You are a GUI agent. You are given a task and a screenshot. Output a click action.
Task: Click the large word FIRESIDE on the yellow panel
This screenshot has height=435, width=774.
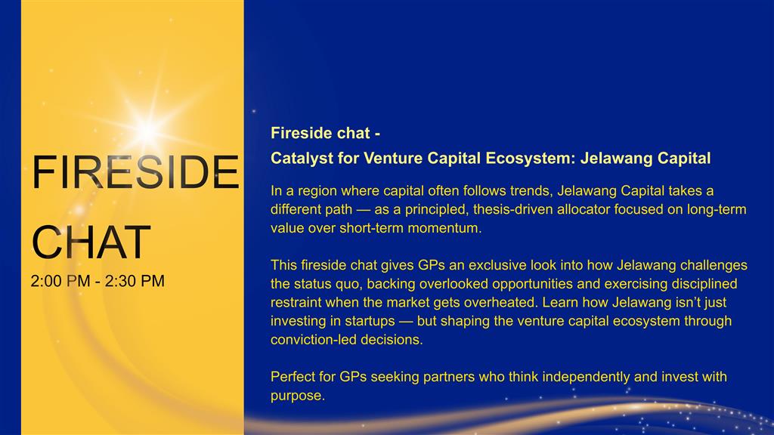point(135,172)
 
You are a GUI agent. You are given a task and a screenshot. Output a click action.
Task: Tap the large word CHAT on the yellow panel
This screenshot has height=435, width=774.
point(91,242)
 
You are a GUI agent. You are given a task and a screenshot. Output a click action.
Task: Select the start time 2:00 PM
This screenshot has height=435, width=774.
point(60,281)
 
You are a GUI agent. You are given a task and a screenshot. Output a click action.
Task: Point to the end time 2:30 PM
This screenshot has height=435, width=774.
point(135,281)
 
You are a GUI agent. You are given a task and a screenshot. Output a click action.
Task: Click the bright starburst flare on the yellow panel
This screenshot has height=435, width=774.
point(147,131)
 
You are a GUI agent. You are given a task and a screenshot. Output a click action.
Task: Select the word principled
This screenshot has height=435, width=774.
point(436,210)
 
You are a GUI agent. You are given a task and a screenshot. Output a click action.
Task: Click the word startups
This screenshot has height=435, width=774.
point(370,321)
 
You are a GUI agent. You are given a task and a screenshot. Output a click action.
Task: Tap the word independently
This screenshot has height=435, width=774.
point(586,377)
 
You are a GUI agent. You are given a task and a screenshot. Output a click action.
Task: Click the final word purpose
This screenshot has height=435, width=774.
point(298,396)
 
